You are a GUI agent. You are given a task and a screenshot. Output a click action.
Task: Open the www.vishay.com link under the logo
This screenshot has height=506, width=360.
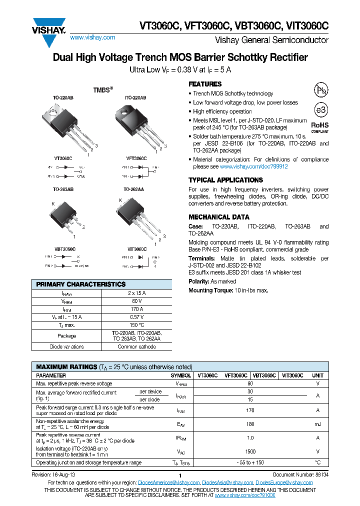[92, 37]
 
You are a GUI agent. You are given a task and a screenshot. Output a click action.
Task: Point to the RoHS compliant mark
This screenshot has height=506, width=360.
[320, 126]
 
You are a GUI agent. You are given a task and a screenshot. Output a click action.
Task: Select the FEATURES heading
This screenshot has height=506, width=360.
[205, 84]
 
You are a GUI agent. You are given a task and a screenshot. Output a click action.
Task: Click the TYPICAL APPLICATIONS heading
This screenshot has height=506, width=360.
[225, 180]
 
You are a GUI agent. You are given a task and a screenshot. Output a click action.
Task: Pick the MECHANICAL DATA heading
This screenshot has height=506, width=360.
[218, 217]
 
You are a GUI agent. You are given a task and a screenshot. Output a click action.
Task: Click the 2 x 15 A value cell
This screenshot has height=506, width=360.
[137, 293]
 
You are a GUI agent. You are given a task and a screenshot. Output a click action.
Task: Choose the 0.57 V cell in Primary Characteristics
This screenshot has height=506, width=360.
[137, 317]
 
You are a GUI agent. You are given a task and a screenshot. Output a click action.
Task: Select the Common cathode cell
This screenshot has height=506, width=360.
[137, 346]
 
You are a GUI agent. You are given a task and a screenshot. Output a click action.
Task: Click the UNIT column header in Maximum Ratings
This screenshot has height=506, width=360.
[317, 375]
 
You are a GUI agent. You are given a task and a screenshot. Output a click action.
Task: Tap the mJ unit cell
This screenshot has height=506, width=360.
[317, 424]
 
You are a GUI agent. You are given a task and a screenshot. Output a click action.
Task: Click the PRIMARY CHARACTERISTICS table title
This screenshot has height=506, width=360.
[81, 284]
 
